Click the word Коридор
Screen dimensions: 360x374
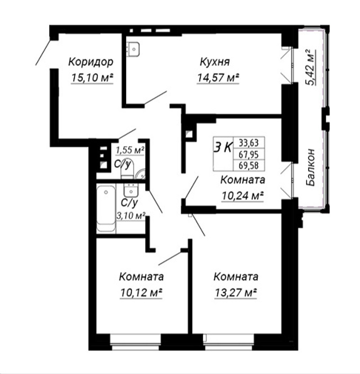pos(90,62)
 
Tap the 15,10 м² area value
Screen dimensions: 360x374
pos(92,78)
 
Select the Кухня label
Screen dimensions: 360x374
pos(215,62)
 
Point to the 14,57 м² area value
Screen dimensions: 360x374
pos(218,78)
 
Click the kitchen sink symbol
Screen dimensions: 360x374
pos(133,49)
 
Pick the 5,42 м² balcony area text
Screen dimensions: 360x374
pos(310,67)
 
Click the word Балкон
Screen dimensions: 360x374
pos(310,167)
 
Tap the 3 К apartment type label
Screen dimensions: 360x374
pos(223,147)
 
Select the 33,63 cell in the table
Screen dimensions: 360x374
pos(249,143)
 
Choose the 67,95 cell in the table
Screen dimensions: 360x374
pos(249,154)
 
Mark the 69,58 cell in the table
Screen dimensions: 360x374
pos(249,165)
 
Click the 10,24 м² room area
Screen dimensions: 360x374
pos(243,196)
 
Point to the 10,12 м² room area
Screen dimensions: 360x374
pos(141,292)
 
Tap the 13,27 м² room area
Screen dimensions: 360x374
pos(236,292)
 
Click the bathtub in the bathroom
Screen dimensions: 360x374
pos(106,209)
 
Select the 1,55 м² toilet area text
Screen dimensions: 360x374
pos(130,150)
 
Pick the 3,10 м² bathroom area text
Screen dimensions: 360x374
pos(131,216)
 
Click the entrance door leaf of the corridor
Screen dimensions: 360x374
pos(43,52)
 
